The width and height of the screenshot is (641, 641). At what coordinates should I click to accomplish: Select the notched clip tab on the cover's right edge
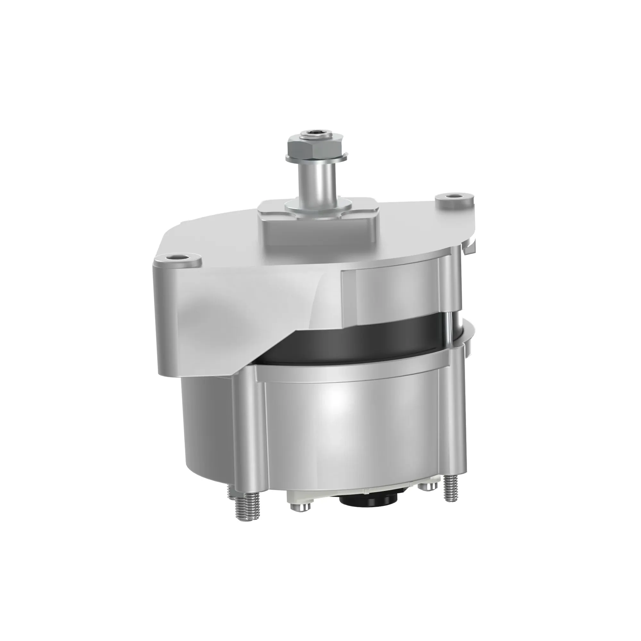[x=471, y=247]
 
